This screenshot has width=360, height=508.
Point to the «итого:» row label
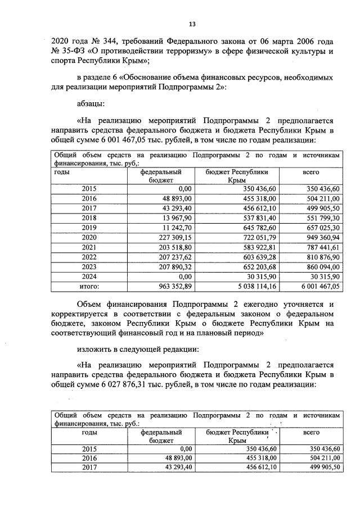coord(89,287)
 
